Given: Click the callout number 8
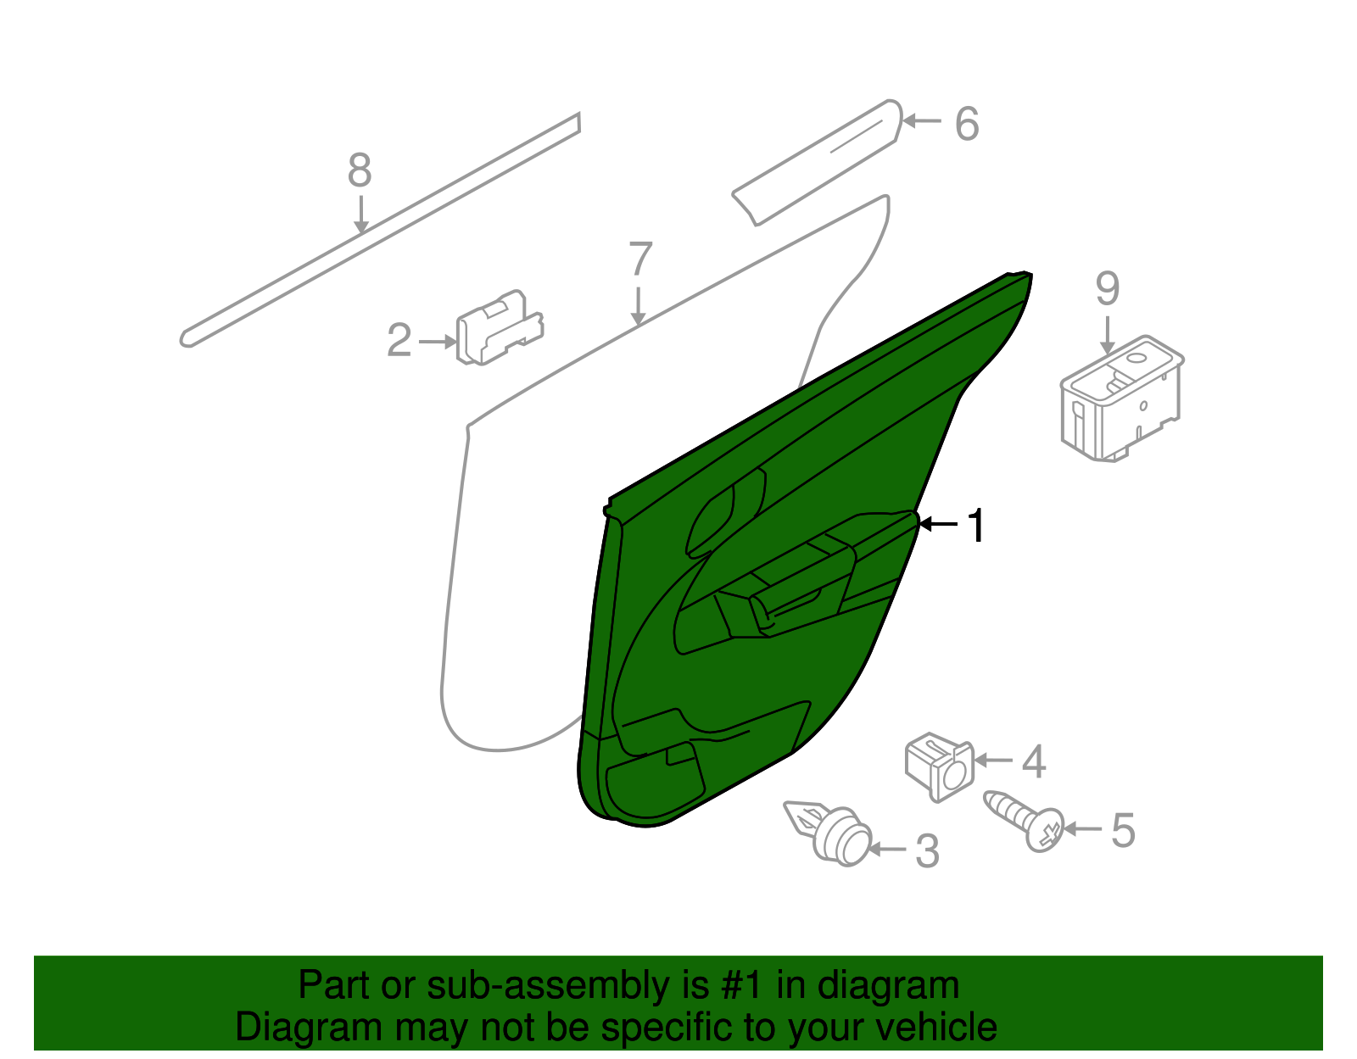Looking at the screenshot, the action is [x=360, y=170].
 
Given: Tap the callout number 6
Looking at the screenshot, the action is [x=967, y=124].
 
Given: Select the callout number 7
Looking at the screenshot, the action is [x=640, y=259].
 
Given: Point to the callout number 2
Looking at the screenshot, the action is [x=399, y=340].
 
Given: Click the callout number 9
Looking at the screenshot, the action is [x=1108, y=288].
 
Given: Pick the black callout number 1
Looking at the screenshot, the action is [x=976, y=526].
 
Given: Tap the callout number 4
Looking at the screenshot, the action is [x=1034, y=761].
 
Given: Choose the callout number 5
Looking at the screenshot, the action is [x=1123, y=831].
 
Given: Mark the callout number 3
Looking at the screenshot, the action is [x=927, y=851].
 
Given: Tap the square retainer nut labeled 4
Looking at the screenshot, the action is [x=939, y=766].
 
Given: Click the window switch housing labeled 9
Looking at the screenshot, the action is [x=1122, y=399].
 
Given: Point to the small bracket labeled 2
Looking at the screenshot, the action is [x=500, y=327].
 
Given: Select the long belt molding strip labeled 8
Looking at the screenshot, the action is [x=380, y=231].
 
